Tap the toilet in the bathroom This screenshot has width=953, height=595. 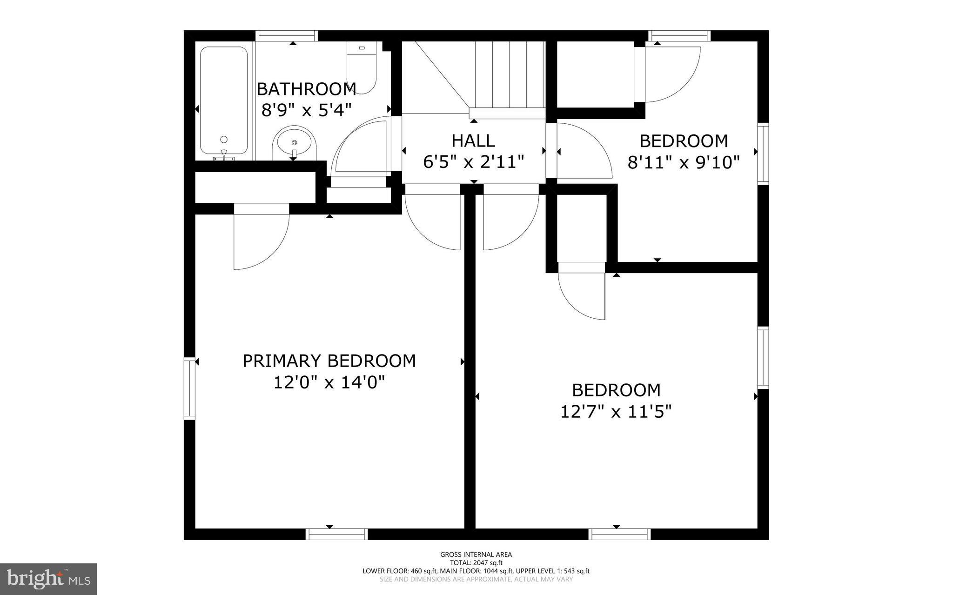click(x=362, y=67)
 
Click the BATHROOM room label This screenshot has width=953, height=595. click(x=306, y=88)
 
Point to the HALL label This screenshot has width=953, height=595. click(x=473, y=140)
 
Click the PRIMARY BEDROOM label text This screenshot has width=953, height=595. click(x=329, y=361)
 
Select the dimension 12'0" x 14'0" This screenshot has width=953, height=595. click(x=329, y=382)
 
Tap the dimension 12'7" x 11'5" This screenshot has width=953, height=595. click(x=616, y=411)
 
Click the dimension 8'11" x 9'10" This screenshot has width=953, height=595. click(x=683, y=162)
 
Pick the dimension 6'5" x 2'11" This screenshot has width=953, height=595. click(x=473, y=162)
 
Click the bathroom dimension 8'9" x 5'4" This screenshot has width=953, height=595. click(x=306, y=110)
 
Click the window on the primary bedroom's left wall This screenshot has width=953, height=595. click(x=189, y=388)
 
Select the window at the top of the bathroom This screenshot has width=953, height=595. click(x=287, y=36)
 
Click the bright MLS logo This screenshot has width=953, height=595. click(x=48, y=579)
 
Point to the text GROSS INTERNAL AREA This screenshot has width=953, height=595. click(x=476, y=554)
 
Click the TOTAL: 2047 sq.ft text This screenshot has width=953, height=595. click(x=476, y=562)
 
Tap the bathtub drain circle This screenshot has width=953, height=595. click(x=224, y=139)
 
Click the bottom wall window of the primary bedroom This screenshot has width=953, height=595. click(x=337, y=534)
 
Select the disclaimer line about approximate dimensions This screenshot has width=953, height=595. click(x=476, y=579)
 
